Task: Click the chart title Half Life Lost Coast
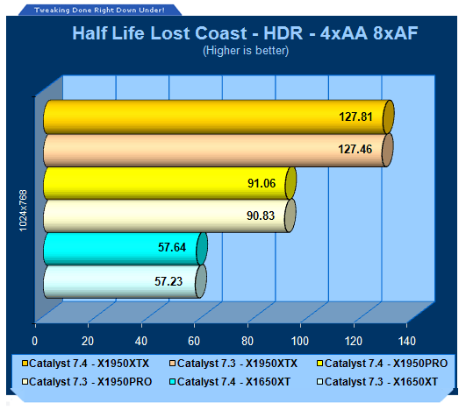pyautogui.click(x=160, y=33)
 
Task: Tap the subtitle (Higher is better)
pyautogui.click(x=246, y=51)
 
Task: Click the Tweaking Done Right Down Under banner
pyautogui.click(x=99, y=11)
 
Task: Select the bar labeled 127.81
pyautogui.click(x=219, y=117)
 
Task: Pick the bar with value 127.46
pyautogui.click(x=219, y=150)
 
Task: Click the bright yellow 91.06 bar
pyautogui.click(x=169, y=183)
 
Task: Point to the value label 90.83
pyautogui.click(x=261, y=216)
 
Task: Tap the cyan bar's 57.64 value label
pyautogui.click(x=172, y=247)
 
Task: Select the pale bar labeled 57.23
pyautogui.click(x=125, y=281)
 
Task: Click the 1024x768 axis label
pyautogui.click(x=23, y=210)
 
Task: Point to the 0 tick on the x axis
pyautogui.click(x=35, y=341)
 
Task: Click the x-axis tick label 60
pyautogui.click(x=194, y=341)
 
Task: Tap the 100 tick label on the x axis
pyautogui.click(x=300, y=341)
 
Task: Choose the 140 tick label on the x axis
pyautogui.click(x=406, y=341)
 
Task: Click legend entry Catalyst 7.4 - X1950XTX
pyautogui.click(x=86, y=364)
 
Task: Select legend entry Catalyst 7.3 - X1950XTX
pyautogui.click(x=233, y=364)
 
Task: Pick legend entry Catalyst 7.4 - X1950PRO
pyautogui.click(x=383, y=364)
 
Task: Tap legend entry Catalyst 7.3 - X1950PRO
pyautogui.click(x=87, y=382)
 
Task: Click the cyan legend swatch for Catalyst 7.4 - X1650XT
pyautogui.click(x=172, y=381)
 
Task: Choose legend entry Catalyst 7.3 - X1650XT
pyautogui.click(x=377, y=382)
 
